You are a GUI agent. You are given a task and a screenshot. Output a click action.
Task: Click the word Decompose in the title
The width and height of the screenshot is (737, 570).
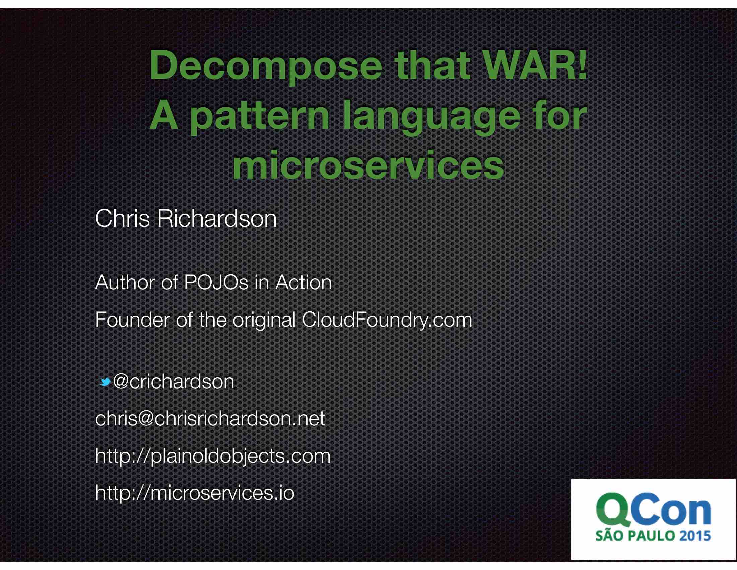click(266, 66)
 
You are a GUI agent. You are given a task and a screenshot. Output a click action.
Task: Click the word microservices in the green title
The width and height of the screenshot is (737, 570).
click(368, 166)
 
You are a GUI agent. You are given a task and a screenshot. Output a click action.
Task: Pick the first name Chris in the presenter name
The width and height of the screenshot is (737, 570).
click(122, 219)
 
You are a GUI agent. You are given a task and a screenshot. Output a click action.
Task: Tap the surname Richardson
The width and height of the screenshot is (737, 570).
click(217, 219)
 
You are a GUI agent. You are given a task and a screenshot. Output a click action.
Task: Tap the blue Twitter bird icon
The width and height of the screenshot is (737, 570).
click(105, 382)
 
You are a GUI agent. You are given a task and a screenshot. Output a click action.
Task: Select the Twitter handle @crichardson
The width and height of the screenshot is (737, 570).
click(174, 382)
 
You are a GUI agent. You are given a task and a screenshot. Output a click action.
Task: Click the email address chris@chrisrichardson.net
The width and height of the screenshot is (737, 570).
click(210, 419)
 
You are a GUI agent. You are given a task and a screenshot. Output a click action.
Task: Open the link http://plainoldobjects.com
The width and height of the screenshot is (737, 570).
click(213, 456)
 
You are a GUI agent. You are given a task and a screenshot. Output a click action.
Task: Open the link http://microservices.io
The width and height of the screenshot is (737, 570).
click(195, 493)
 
